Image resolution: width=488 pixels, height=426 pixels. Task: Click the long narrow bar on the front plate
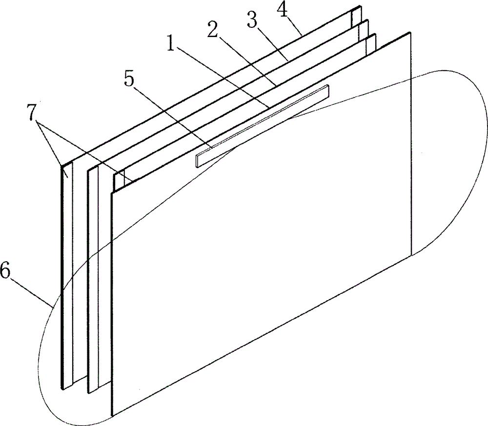coord(262,126)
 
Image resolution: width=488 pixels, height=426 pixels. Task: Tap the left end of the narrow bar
coord(197,161)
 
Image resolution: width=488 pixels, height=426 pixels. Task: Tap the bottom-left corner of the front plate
coord(113,415)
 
